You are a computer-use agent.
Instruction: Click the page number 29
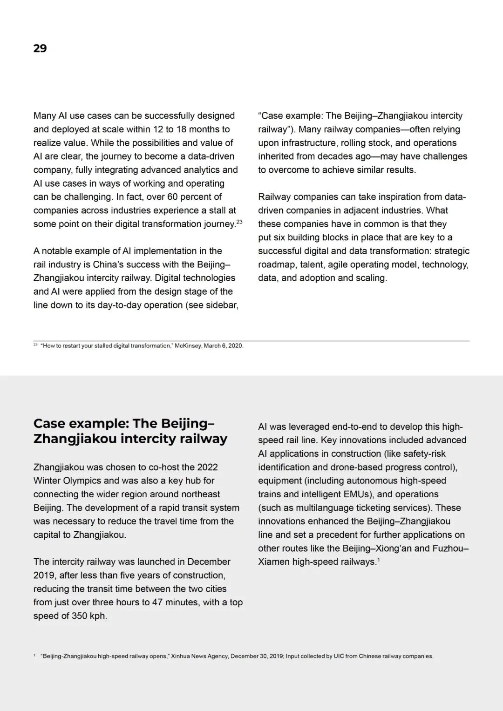click(x=40, y=48)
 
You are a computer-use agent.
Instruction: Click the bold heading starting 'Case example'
click(x=130, y=431)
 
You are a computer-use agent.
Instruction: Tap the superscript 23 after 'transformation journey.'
click(x=239, y=222)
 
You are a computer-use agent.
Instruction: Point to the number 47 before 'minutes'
click(x=157, y=603)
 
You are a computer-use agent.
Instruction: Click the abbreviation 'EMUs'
click(x=357, y=494)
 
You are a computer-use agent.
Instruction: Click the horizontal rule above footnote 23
click(x=251, y=341)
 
